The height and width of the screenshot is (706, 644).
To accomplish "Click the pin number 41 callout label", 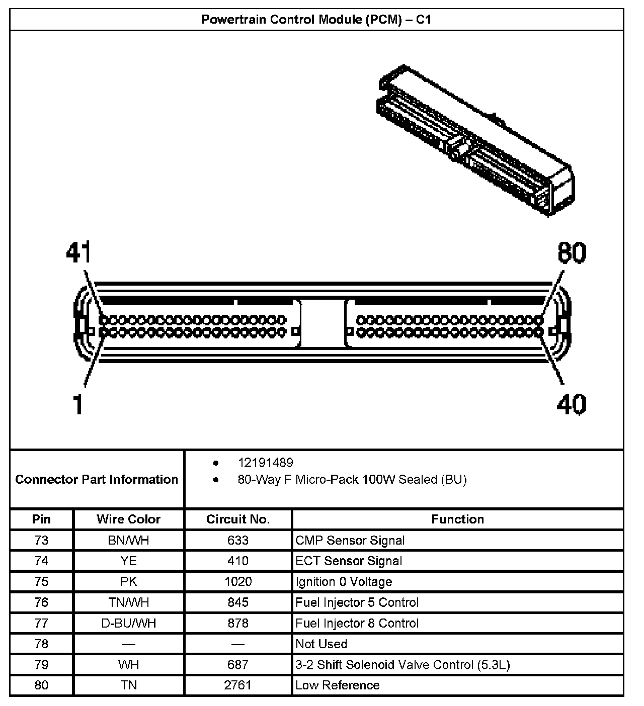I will click(x=78, y=252).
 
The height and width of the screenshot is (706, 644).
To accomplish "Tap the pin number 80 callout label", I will click(x=572, y=252).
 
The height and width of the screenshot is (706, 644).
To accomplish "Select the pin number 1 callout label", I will click(x=77, y=404).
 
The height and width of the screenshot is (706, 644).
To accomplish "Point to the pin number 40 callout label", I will click(x=571, y=404).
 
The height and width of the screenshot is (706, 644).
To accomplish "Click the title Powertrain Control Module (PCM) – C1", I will click(x=316, y=20).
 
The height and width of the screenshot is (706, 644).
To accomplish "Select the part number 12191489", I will click(x=265, y=463).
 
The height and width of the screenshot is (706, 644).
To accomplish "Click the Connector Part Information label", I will click(x=97, y=479).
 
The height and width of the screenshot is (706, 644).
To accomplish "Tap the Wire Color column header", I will click(x=128, y=519).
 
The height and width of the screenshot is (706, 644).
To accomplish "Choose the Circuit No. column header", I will click(x=238, y=519).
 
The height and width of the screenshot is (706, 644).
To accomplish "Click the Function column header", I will click(x=457, y=519).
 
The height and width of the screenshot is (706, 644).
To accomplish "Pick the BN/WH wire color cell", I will click(x=128, y=541).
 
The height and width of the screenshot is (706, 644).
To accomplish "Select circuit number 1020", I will click(x=238, y=582).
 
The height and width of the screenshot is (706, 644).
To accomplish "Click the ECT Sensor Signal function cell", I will click(x=349, y=561).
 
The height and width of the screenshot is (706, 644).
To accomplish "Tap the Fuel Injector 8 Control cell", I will click(x=357, y=624).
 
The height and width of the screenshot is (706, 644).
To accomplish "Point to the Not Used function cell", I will click(x=321, y=644).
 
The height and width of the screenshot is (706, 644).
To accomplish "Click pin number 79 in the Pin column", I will click(x=41, y=665).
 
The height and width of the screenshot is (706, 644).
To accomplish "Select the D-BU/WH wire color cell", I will click(x=128, y=624).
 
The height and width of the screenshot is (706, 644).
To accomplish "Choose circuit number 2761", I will click(x=238, y=685).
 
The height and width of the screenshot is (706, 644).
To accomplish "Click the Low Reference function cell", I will click(x=337, y=685).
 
